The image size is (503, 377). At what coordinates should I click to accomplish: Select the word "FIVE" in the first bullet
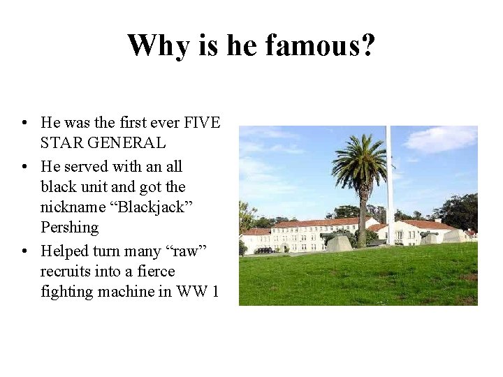(201, 123)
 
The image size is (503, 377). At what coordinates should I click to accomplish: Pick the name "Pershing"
(69, 228)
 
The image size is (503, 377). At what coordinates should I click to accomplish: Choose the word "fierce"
(155, 271)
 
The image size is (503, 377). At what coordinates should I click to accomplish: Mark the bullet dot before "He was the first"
(24, 124)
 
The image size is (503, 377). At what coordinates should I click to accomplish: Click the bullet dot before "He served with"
(24, 167)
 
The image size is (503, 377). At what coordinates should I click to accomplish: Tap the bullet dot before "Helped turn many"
(24, 251)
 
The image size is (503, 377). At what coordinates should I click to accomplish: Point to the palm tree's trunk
(363, 216)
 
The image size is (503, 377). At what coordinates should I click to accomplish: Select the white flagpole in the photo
(390, 182)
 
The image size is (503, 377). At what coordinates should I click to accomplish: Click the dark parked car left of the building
(265, 250)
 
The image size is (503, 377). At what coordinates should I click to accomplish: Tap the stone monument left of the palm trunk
(340, 243)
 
